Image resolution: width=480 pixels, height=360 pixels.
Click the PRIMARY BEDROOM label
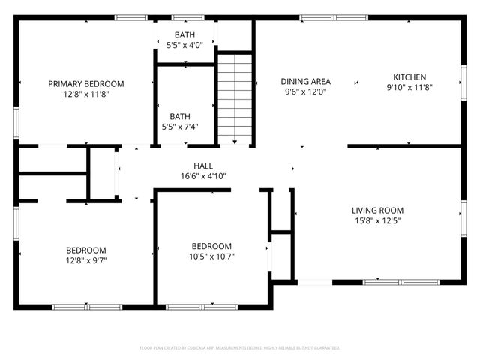86,84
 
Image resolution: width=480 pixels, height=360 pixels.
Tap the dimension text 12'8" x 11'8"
86,94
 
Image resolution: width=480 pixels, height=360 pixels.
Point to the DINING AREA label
306,82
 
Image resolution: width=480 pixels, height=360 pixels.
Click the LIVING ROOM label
378,211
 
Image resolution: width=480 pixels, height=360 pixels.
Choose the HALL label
203,166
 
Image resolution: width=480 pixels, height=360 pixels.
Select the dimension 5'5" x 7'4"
180,127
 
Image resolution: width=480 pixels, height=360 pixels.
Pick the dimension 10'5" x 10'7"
211,256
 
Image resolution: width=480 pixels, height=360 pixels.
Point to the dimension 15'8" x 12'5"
378,221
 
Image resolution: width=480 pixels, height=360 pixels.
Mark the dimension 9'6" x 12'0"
306,92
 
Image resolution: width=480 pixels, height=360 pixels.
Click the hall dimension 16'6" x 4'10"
203,177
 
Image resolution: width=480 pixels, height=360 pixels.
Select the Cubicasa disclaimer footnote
240,348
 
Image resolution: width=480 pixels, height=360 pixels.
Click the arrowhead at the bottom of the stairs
235,141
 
